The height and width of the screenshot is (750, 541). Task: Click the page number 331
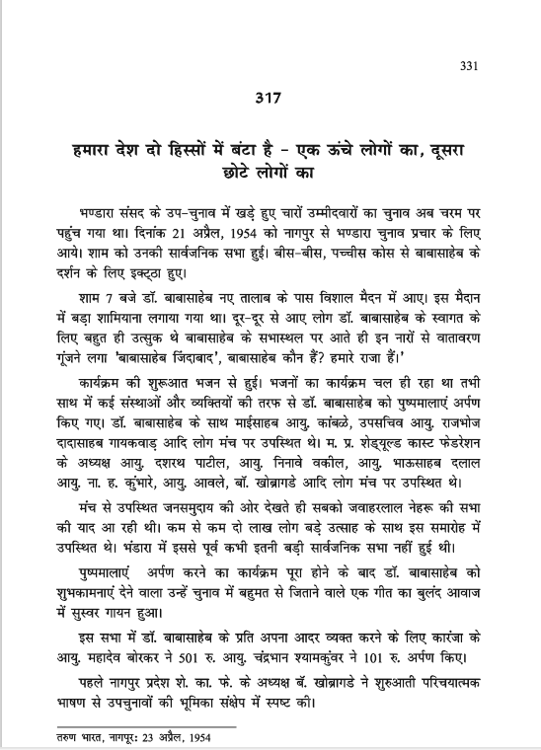(x=469, y=67)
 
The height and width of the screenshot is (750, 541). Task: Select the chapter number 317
(x=270, y=99)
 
